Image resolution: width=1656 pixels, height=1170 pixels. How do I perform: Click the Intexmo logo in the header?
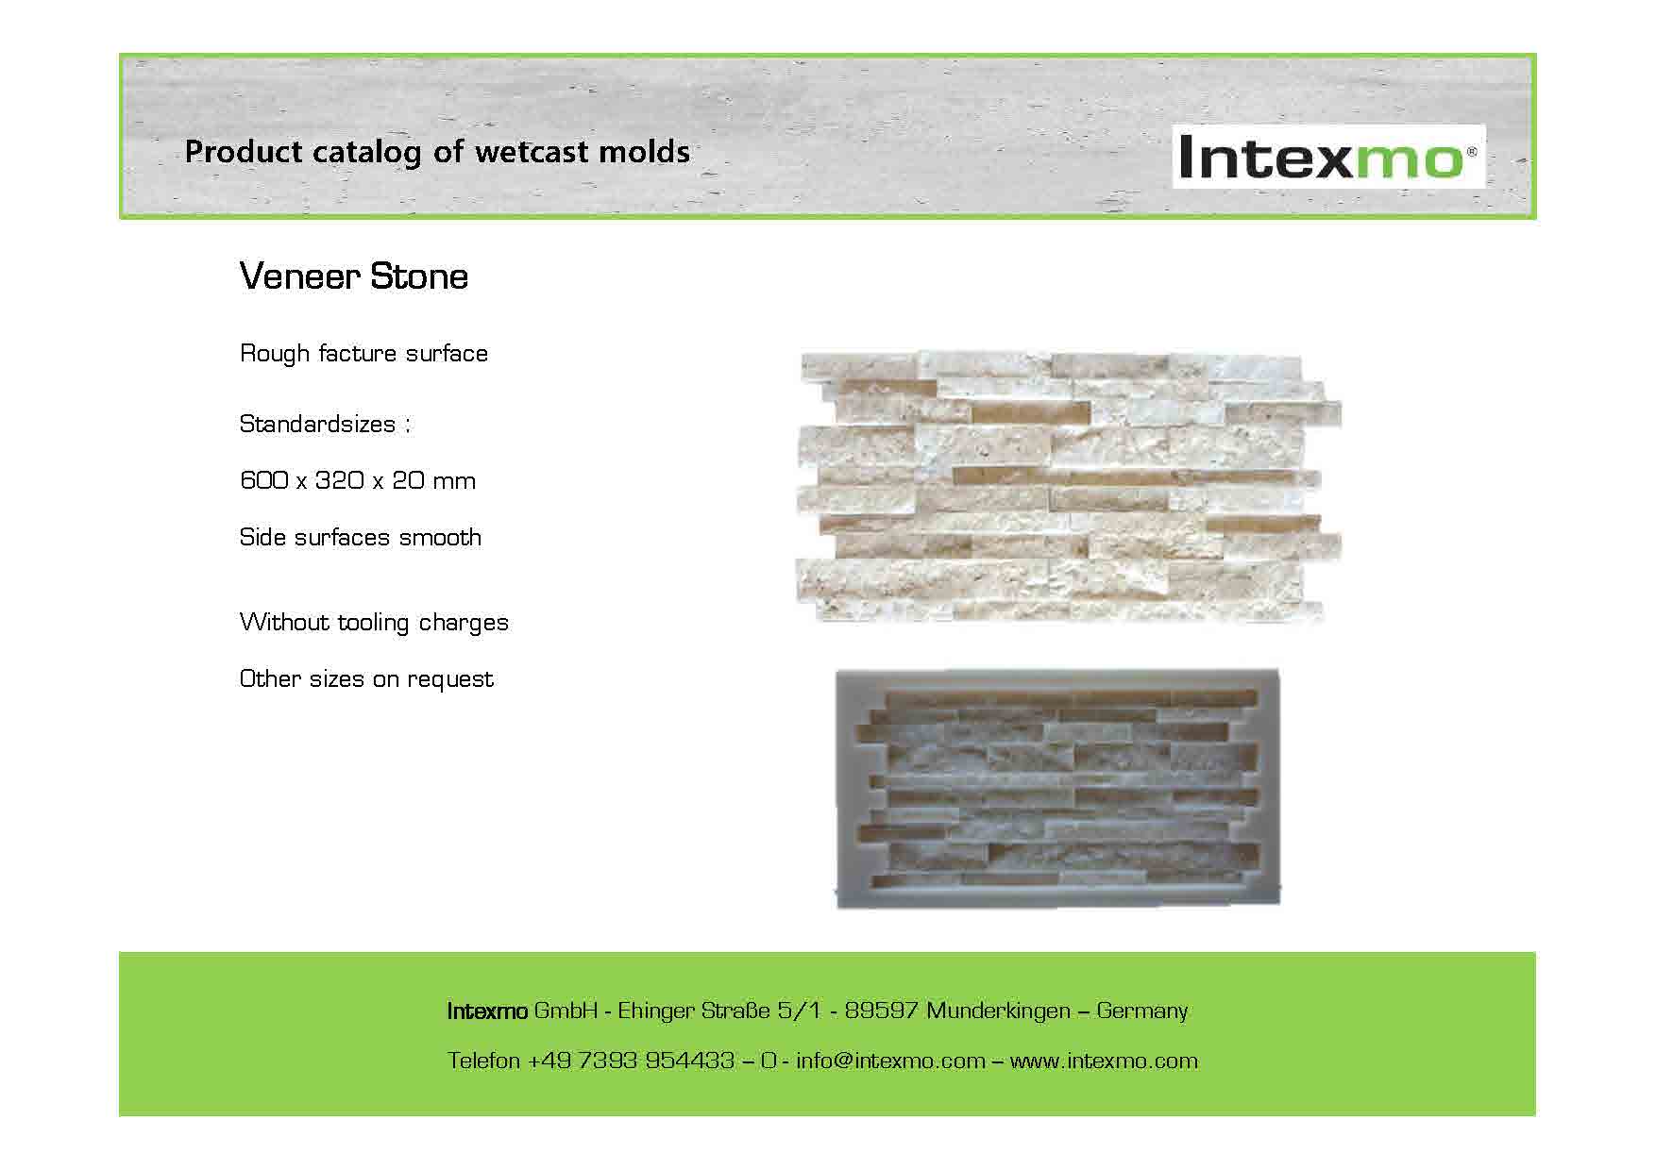1328,157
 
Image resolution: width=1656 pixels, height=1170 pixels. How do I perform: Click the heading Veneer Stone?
354,276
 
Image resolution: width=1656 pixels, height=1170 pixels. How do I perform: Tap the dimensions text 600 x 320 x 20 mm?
358,480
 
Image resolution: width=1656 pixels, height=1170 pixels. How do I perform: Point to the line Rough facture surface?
363,353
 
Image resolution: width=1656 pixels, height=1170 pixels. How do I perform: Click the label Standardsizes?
318,424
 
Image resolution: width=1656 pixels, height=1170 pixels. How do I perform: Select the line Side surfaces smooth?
361,537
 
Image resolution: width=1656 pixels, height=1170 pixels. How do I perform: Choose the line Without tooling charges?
374,623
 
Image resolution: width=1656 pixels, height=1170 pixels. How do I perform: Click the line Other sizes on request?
366,679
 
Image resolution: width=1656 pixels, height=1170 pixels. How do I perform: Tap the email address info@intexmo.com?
890,1061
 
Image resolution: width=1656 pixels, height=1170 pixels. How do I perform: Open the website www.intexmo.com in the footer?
1104,1061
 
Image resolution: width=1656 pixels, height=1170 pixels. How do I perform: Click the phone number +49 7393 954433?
630,1061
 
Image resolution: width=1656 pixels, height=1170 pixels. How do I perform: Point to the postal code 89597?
881,1011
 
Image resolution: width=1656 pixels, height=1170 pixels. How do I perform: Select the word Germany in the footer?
1142,1011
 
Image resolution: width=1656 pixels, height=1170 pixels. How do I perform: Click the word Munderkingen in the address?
998,1011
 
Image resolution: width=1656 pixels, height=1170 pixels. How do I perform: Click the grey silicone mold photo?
1058,788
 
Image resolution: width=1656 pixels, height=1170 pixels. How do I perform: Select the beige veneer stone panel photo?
1069,487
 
